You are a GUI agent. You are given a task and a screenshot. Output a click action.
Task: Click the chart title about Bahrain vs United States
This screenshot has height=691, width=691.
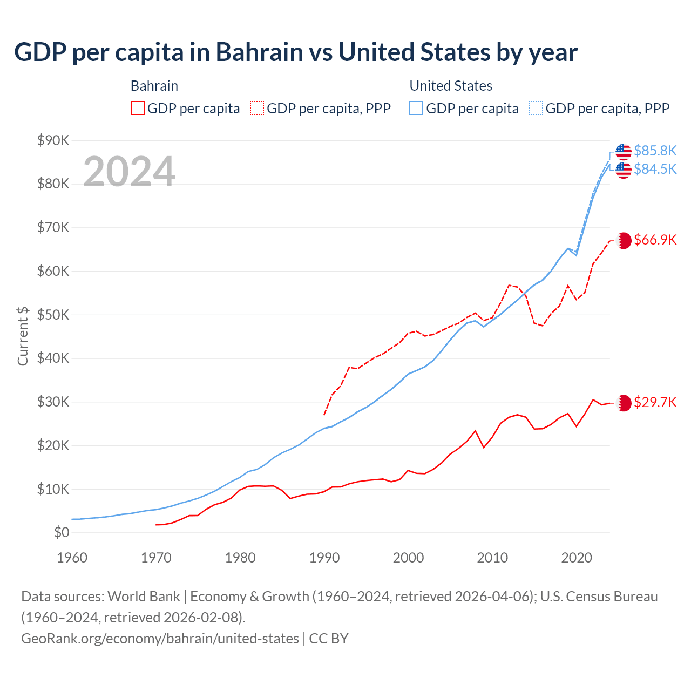pos(295,52)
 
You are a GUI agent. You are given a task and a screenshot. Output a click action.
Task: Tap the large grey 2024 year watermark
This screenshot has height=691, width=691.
pos(129,172)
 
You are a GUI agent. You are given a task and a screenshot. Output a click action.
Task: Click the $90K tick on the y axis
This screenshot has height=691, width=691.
pos(53,140)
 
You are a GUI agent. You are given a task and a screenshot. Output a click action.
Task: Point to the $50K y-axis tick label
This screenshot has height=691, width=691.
pos(53,315)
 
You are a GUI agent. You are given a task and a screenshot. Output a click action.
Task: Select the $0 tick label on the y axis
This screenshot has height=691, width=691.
pos(62,533)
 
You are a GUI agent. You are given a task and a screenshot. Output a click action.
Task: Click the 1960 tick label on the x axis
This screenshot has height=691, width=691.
pos(72,558)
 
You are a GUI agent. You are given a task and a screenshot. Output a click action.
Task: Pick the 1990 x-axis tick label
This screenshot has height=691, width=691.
pos(324,558)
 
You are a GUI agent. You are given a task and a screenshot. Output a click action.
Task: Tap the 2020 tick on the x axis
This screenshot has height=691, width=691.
pos(577,558)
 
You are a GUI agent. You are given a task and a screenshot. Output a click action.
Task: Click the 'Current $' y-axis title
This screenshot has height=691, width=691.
pos(23,336)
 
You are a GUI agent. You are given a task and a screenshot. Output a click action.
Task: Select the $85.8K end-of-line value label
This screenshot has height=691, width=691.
pos(655,151)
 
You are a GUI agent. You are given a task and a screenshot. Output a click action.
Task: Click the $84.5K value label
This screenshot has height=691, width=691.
pos(655,169)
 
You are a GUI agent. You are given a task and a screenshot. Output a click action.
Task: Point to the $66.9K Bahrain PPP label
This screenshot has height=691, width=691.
pos(655,240)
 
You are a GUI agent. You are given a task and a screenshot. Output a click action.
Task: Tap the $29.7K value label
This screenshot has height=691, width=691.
pos(655,402)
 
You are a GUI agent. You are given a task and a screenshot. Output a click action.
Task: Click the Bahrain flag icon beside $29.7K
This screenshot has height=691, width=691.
pos(624,403)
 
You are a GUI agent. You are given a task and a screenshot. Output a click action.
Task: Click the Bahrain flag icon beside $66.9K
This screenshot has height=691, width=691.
pos(624,240)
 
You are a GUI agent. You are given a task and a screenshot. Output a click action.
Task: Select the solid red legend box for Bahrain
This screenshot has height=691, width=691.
pos(138,109)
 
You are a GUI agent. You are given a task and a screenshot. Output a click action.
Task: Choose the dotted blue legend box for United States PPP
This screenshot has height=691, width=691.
pos(536,109)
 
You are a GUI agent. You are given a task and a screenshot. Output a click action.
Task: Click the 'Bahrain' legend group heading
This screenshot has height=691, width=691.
pos(154,86)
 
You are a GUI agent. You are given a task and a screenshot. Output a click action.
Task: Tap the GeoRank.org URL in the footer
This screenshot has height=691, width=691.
pos(160,639)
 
